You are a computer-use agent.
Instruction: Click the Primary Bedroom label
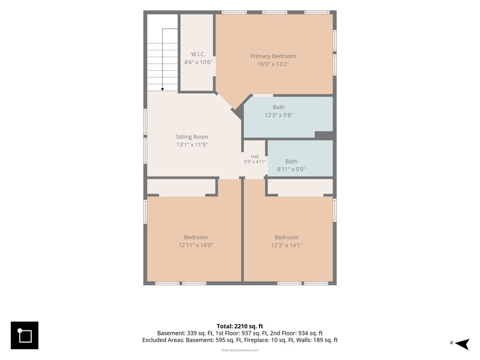273,56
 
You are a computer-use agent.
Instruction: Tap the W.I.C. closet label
198,54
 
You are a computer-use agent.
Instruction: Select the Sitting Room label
192,137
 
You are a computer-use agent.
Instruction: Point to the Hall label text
254,156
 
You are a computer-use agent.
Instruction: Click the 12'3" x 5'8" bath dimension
278,115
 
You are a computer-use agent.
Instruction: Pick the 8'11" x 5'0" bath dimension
291,169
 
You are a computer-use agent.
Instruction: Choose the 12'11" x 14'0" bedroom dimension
196,245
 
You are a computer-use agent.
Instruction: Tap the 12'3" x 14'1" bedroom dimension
286,245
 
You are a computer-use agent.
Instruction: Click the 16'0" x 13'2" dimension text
273,64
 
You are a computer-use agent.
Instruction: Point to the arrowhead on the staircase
162,89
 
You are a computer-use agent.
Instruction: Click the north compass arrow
462,344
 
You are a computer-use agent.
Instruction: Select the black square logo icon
24,335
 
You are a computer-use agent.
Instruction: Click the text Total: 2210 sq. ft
240,326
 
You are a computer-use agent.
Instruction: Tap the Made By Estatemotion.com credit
240,350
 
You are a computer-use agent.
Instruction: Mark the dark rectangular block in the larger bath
324,135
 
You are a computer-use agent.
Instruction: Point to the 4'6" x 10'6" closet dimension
198,62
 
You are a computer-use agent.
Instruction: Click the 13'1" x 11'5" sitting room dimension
192,145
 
